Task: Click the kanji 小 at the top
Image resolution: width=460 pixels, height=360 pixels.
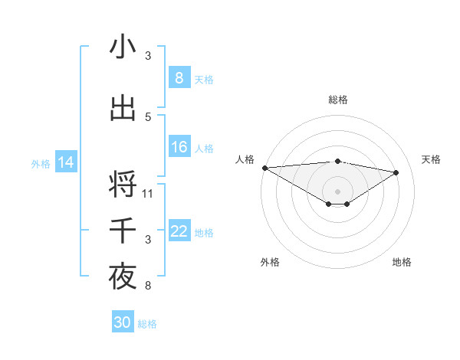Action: pos(123,47)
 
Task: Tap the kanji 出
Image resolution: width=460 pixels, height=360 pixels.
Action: pos(123,108)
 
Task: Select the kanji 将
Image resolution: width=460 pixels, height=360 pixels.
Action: pos(123,185)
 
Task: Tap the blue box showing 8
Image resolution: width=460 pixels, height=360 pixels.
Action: pos(179,78)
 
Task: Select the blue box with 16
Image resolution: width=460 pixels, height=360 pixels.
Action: pos(179,147)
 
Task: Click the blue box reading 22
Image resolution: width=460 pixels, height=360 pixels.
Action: pos(179,231)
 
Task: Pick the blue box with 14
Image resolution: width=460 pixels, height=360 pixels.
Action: pos(66,162)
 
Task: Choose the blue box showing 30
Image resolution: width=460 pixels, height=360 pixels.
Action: pos(123,322)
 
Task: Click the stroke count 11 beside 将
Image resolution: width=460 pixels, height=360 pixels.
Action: pos(148,193)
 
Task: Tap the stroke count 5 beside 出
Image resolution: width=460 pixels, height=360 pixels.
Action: pos(148,116)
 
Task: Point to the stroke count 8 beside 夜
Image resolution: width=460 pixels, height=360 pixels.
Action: pos(148,286)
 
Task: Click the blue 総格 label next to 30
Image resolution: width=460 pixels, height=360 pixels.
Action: pos(147,324)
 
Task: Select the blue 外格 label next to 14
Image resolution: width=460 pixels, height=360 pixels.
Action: pos(41,163)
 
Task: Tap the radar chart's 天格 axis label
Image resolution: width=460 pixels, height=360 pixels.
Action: pos(432,159)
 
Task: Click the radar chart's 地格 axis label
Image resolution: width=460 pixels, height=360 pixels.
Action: pos(402,262)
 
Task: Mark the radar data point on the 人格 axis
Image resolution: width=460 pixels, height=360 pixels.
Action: pos(264,167)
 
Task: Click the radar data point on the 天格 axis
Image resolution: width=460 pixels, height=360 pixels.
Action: pos(396,172)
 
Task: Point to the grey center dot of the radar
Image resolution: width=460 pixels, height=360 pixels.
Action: pos(337,191)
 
